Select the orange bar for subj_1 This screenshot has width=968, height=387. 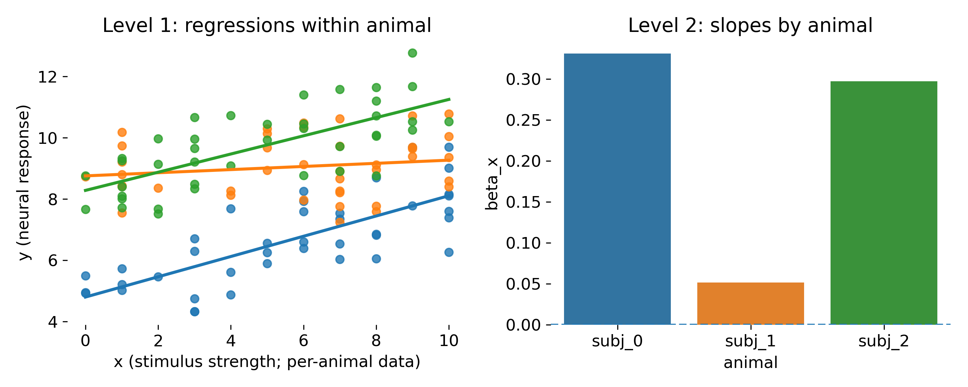click(751, 303)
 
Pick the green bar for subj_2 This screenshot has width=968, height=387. click(883, 203)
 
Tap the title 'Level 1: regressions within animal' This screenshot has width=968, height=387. click(267, 26)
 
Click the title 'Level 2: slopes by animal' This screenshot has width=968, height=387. click(750, 26)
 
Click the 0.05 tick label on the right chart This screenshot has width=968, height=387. click(523, 284)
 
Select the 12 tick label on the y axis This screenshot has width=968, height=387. click(47, 77)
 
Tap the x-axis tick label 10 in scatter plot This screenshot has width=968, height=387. click(449, 341)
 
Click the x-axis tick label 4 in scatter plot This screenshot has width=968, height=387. click(231, 341)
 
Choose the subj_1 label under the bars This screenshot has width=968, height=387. click(751, 341)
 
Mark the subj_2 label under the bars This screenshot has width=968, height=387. click(883, 341)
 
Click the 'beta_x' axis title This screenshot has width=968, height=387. click(492, 184)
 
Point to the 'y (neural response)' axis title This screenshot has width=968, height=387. click(24, 183)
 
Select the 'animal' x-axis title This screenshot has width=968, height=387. click(751, 363)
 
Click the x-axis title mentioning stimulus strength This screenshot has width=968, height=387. click(267, 362)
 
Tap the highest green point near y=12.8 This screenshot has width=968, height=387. click(412, 53)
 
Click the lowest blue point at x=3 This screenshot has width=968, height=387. click(195, 312)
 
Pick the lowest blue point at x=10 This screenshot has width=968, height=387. click(449, 252)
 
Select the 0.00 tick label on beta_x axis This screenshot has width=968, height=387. click(523, 325)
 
